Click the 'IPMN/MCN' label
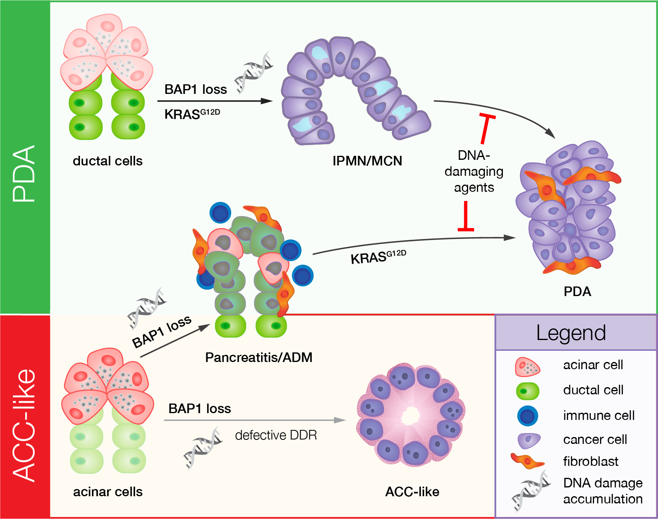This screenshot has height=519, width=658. [367, 161]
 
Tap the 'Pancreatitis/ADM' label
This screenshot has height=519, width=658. [259, 357]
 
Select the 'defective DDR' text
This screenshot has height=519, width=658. [276, 435]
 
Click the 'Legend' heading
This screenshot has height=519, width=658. [571, 333]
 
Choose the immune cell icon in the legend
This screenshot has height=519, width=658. [527, 416]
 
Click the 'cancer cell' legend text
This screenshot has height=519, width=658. [594, 439]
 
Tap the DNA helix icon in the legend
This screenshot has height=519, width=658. [531, 491]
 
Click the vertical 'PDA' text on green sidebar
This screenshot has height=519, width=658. [24, 173]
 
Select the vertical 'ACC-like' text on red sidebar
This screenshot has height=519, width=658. [24, 426]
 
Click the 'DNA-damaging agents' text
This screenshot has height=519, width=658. [474, 171]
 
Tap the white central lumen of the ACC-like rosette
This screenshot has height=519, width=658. [410, 416]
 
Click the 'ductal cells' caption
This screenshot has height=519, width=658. [108, 161]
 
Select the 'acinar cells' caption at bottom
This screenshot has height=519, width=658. [108, 492]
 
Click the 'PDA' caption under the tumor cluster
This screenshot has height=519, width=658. [577, 292]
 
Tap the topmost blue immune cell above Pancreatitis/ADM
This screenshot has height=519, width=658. [220, 213]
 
